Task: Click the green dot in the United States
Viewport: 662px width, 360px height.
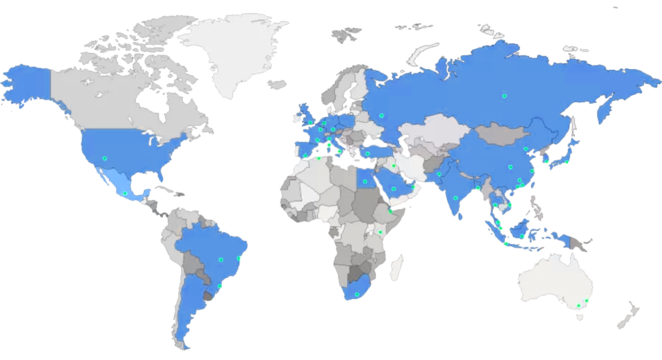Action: click(x=105, y=158)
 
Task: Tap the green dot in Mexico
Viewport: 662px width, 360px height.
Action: click(x=125, y=193)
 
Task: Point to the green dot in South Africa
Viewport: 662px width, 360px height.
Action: click(x=357, y=295)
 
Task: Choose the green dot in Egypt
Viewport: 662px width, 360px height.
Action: click(x=365, y=181)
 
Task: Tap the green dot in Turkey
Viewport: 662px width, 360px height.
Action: click(x=367, y=154)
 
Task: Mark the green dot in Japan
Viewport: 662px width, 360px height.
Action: click(x=567, y=162)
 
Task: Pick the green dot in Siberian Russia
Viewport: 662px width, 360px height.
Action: click(x=504, y=96)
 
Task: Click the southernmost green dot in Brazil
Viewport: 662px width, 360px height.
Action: click(x=219, y=286)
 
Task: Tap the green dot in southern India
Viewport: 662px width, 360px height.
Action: click(x=455, y=198)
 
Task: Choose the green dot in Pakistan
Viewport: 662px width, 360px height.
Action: click(x=439, y=174)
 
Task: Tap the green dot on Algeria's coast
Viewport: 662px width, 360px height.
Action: click(x=319, y=158)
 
